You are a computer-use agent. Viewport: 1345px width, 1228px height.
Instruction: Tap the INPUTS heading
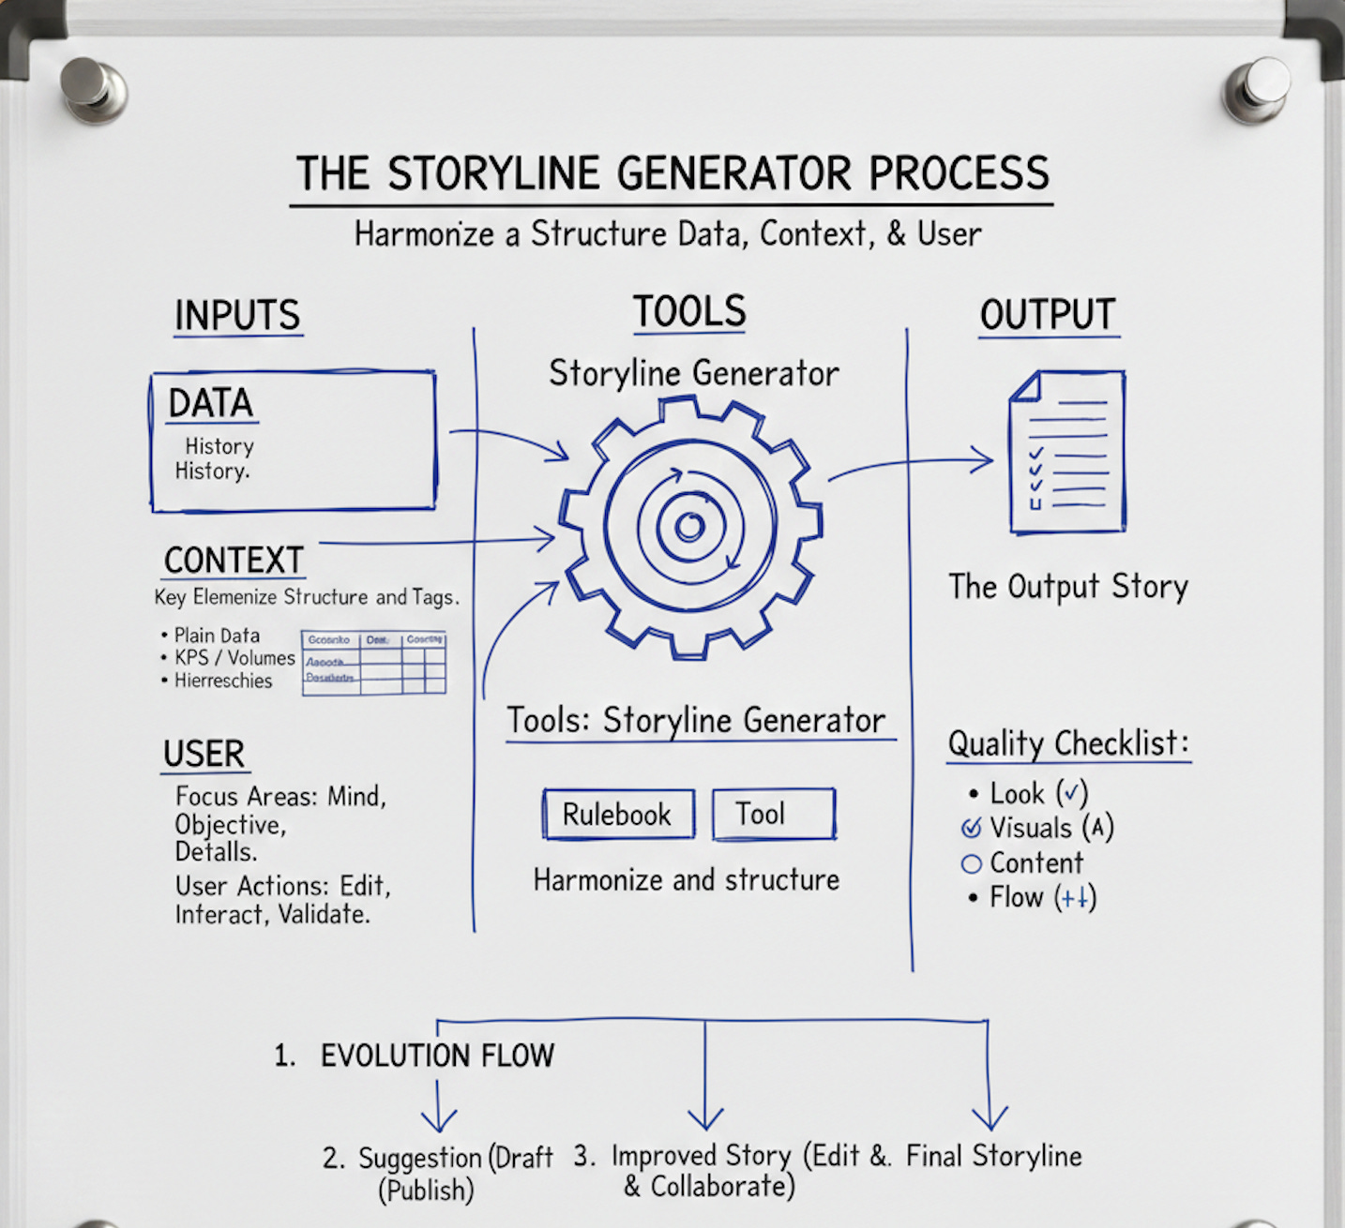(237, 316)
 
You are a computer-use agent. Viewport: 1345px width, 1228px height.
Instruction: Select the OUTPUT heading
(1048, 315)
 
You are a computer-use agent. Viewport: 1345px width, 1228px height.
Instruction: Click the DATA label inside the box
(211, 403)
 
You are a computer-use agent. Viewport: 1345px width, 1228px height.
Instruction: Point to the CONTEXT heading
(234, 561)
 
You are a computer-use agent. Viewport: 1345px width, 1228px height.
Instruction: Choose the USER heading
(204, 755)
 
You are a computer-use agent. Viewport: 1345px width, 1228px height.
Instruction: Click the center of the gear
(690, 527)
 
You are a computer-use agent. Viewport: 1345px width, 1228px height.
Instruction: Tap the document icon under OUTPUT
(1067, 452)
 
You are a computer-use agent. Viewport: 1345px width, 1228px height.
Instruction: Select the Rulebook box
(618, 814)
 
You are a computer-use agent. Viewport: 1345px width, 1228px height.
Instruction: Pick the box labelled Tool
(773, 813)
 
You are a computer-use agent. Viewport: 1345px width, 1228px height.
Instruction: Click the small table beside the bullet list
(374, 662)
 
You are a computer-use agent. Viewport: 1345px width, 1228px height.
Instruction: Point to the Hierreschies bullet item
(222, 681)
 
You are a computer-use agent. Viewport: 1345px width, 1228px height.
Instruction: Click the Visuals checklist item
(1031, 828)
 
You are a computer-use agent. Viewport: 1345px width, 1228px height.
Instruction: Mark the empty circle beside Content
(972, 863)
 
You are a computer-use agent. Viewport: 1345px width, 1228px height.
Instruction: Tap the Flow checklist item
(1017, 897)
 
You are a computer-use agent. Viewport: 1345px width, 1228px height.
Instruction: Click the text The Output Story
(1068, 587)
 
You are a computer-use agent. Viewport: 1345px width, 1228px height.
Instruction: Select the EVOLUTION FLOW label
(437, 1056)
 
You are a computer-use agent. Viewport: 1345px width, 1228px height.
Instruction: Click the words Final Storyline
(993, 1156)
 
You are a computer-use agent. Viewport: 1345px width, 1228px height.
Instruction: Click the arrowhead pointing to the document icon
(985, 459)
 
